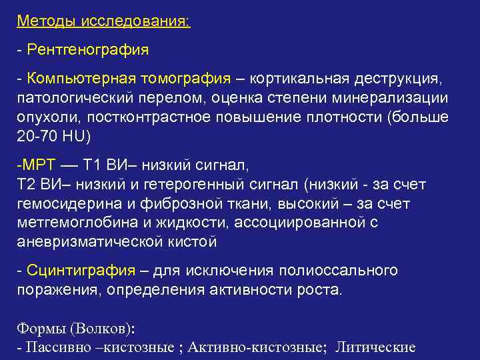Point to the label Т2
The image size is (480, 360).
pyautogui.click(x=27, y=184)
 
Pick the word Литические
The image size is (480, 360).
pyautogui.click(x=376, y=347)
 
